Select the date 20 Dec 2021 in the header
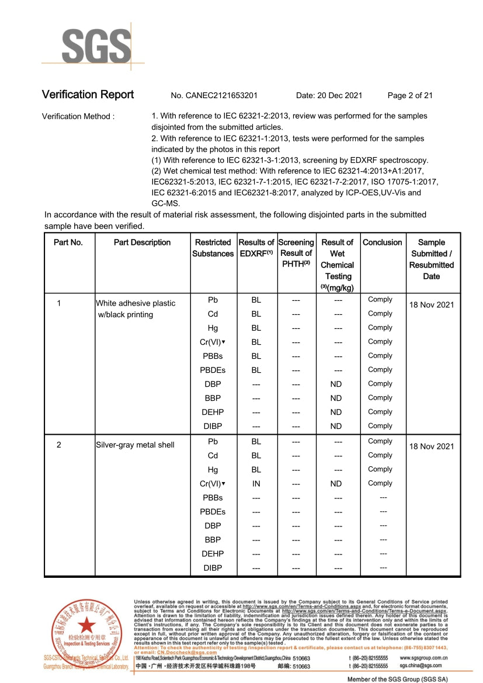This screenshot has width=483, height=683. (x=329, y=95)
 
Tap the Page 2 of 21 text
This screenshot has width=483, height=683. (x=410, y=95)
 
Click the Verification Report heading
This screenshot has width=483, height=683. (x=88, y=95)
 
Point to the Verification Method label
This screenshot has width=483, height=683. (x=78, y=116)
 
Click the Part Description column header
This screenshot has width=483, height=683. (x=142, y=242)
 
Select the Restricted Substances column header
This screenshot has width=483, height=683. (x=213, y=248)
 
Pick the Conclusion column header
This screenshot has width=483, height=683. (x=382, y=242)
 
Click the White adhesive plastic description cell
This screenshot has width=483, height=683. (x=135, y=308)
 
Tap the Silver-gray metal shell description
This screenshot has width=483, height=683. (x=135, y=445)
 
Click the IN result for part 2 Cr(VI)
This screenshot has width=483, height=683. (x=256, y=484)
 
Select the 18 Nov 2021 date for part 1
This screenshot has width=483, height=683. (x=431, y=305)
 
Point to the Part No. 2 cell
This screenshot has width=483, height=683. (x=59, y=445)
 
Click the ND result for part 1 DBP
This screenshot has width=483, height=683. (x=336, y=384)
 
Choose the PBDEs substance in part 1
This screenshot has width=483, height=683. (x=213, y=370)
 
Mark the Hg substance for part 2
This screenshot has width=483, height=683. (x=213, y=470)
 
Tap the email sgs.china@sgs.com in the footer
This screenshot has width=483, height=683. (x=421, y=665)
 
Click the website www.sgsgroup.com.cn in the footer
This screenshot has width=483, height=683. (x=423, y=658)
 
